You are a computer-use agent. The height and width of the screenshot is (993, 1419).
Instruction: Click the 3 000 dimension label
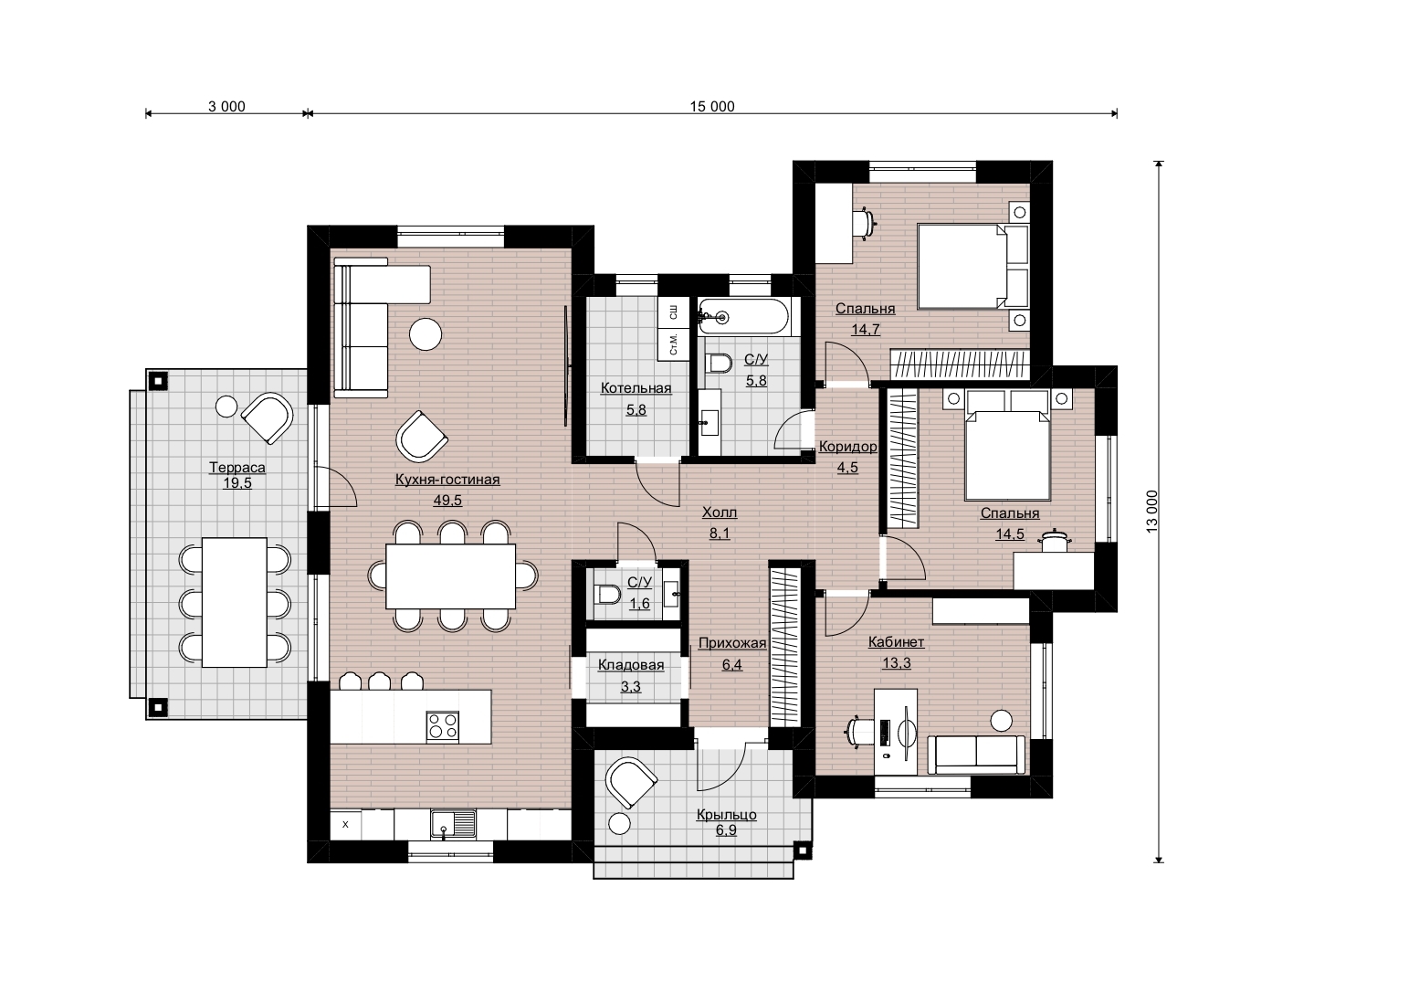(226, 107)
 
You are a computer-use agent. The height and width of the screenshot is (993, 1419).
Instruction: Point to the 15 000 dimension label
(712, 107)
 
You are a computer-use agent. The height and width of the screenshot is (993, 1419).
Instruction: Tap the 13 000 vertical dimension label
(1151, 512)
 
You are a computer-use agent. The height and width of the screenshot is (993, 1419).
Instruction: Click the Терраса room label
(236, 468)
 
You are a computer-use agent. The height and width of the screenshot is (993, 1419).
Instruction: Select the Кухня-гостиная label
(447, 480)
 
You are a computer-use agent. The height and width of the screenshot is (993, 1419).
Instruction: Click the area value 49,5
(447, 501)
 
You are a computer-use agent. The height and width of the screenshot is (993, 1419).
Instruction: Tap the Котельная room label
(636, 388)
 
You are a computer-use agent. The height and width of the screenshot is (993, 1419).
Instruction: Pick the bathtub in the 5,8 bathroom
(743, 317)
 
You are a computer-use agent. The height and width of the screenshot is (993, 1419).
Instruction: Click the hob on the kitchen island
(443, 726)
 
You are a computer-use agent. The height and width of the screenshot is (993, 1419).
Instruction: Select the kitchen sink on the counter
(453, 824)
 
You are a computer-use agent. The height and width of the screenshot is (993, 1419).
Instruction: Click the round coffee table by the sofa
(426, 333)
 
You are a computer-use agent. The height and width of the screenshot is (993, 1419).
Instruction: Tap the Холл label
(719, 512)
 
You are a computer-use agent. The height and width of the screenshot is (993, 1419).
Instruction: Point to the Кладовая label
(631, 665)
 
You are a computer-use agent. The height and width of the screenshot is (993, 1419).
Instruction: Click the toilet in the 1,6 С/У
(607, 595)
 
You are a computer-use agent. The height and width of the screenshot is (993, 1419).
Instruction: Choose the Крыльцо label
(726, 815)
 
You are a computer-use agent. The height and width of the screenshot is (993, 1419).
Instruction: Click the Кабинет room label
(896, 642)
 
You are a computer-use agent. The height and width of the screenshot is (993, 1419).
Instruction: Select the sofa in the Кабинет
(975, 754)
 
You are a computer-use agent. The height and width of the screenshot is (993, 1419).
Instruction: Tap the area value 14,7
(866, 330)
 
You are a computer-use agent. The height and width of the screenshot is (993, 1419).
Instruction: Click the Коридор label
(847, 447)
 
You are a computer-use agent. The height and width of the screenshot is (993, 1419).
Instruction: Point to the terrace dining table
(235, 602)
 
